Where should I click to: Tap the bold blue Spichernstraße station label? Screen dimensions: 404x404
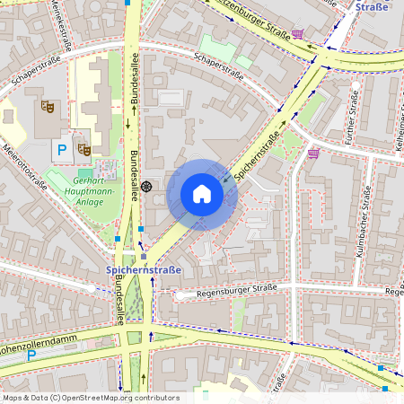pyautogui.click(x=145, y=269)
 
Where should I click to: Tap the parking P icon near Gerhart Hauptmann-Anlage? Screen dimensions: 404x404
pyautogui.click(x=62, y=150)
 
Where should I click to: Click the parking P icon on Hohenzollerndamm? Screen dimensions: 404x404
pyautogui.click(x=32, y=355)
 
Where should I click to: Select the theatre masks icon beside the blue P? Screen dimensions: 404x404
pyautogui.click(x=83, y=148)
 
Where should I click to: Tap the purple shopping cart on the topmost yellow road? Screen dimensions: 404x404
pyautogui.click(x=297, y=34)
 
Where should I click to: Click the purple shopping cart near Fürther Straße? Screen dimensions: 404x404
pyautogui.click(x=313, y=154)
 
